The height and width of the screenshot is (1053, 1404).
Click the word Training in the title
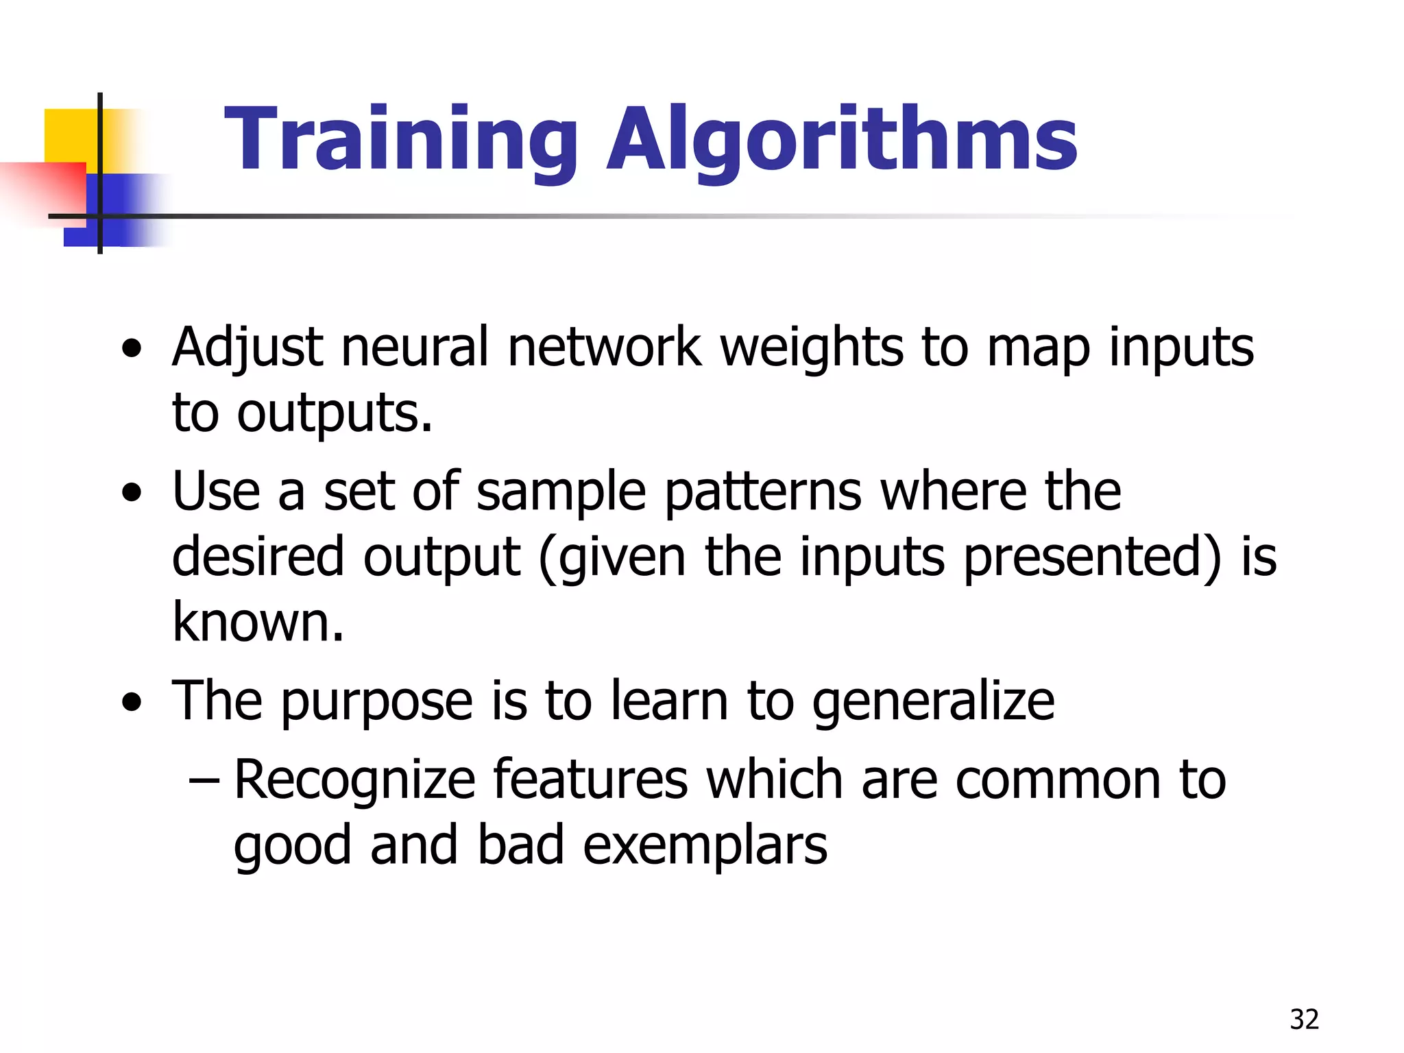click(402, 141)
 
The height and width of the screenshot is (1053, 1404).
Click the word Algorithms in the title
click(842, 141)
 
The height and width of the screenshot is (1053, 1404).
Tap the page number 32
click(1304, 1019)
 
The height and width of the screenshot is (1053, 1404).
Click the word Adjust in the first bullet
click(247, 348)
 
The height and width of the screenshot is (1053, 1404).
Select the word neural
click(415, 348)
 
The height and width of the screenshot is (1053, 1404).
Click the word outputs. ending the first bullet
click(335, 413)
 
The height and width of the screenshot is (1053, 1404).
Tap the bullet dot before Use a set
click(132, 492)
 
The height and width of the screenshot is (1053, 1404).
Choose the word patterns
click(763, 492)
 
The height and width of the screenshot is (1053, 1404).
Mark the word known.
click(258, 622)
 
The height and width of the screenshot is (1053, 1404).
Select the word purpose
click(376, 702)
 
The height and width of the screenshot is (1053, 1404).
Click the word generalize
click(933, 702)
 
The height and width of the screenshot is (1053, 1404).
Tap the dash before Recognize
click(204, 781)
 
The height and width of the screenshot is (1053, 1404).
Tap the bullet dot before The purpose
click(132, 702)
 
